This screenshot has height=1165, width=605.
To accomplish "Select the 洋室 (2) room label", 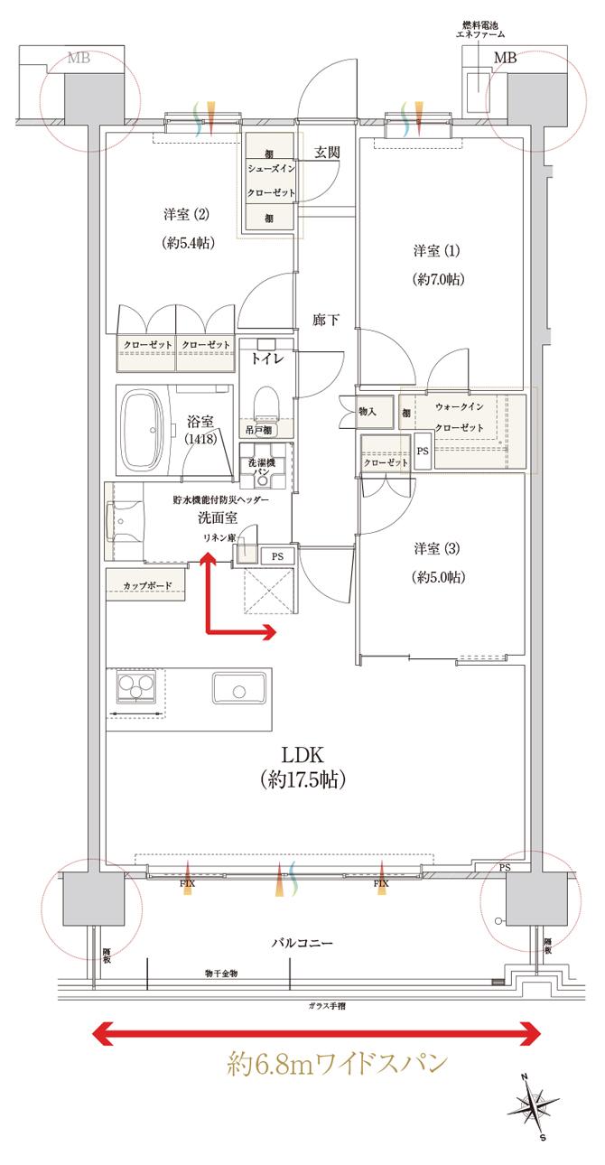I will (x=186, y=215).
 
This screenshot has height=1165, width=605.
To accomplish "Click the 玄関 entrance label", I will (x=326, y=152).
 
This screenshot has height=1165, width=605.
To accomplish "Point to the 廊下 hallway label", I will (x=325, y=320).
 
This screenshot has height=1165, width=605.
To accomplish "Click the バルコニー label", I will (x=302, y=943).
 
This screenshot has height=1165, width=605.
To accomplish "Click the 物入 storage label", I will (x=367, y=411).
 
